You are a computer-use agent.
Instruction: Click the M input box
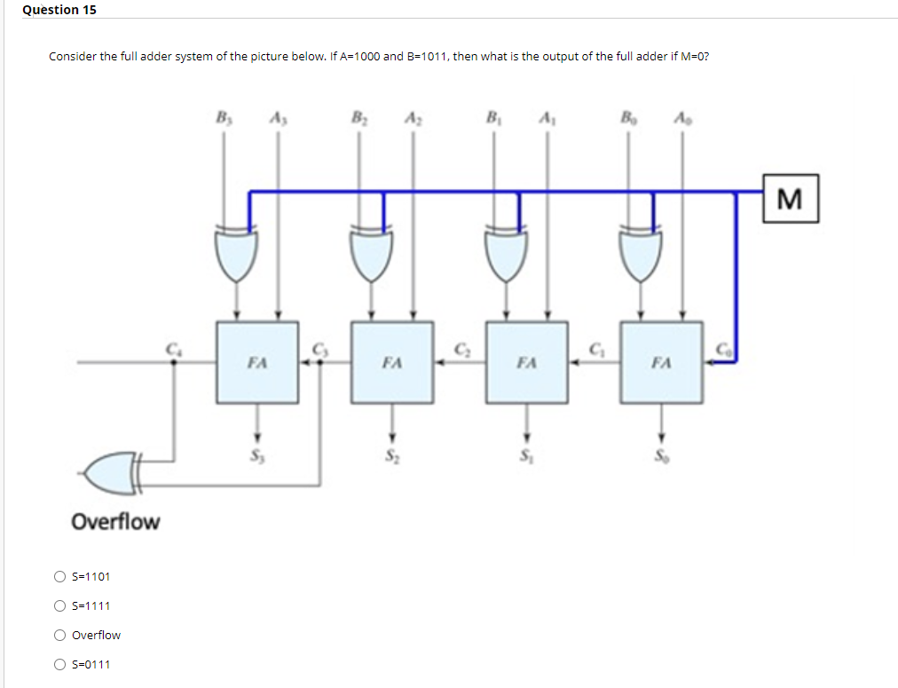pos(790,198)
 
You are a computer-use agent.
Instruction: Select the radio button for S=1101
pos(59,576)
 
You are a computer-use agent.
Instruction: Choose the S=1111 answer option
pos(59,605)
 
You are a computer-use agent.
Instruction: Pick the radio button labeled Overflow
pos(59,635)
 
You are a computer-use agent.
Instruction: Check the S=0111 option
pos(59,664)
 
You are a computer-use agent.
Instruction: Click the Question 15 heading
pos(59,10)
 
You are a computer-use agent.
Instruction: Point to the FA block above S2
pos(392,362)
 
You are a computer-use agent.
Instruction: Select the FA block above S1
pos(527,362)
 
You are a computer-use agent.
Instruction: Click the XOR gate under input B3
pos(236,253)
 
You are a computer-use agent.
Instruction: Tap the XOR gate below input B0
pos(640,253)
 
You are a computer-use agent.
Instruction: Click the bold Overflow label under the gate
pos(115,521)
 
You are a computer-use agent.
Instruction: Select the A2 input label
pos(412,118)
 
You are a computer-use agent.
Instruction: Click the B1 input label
pos(492,118)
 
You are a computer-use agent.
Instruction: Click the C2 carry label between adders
pos(461,348)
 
